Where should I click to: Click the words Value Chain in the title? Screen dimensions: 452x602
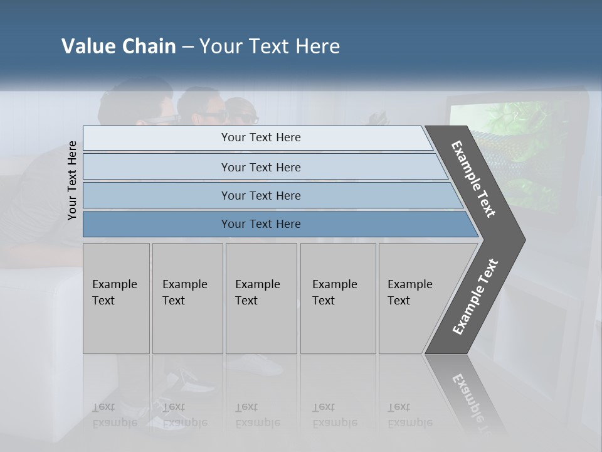click(x=119, y=46)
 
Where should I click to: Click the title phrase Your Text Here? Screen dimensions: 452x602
click(x=270, y=46)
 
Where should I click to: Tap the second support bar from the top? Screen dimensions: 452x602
click(x=261, y=167)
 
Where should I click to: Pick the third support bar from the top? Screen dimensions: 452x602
click(x=261, y=195)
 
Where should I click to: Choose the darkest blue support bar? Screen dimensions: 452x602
click(x=261, y=224)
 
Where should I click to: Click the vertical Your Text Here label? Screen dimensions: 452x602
click(x=72, y=180)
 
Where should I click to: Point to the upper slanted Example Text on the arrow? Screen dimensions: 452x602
click(x=473, y=179)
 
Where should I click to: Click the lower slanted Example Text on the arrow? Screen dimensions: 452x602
click(x=475, y=297)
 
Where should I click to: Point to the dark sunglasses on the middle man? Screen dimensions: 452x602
click(x=211, y=116)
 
